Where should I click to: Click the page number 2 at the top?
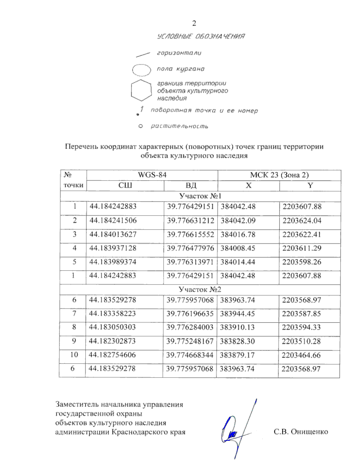[x=194, y=23]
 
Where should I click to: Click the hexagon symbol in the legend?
[x=141, y=90]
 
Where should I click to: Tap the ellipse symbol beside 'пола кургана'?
[x=141, y=70]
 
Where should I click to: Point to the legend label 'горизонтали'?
[x=179, y=53]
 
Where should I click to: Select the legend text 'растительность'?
[x=179, y=126]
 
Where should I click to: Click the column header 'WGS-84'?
[x=152, y=175]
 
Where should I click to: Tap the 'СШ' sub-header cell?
[x=125, y=185]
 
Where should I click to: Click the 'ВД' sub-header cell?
[x=191, y=185]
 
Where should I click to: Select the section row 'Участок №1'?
[x=200, y=196]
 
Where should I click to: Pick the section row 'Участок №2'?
[x=200, y=289]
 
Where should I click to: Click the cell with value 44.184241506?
[x=113, y=220]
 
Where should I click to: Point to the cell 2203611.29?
[x=302, y=248]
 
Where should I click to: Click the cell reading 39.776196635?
[x=190, y=313]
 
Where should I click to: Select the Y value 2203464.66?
[x=301, y=355]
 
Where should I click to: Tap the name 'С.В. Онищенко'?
[x=301, y=432]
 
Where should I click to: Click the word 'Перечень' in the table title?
[x=81, y=147]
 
